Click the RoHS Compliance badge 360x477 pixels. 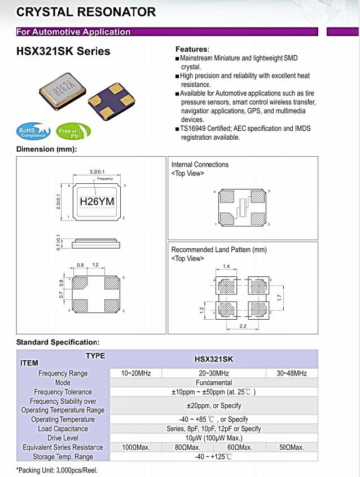[32, 132]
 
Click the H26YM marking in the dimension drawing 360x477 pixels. [97, 201]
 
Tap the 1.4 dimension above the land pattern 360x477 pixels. [226, 265]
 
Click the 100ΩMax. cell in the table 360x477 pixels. [136, 447]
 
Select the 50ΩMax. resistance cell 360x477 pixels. [291, 447]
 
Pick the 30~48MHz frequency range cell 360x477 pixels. [291, 373]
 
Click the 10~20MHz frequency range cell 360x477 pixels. [136, 373]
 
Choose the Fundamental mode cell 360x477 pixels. [213, 382]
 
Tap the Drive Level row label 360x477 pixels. [63, 438]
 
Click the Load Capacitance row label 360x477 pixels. [63, 429]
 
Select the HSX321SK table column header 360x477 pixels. [213, 359]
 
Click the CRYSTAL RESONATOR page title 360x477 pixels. [86, 11]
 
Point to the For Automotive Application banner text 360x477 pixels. [73, 32]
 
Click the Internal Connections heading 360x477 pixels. [200, 165]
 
